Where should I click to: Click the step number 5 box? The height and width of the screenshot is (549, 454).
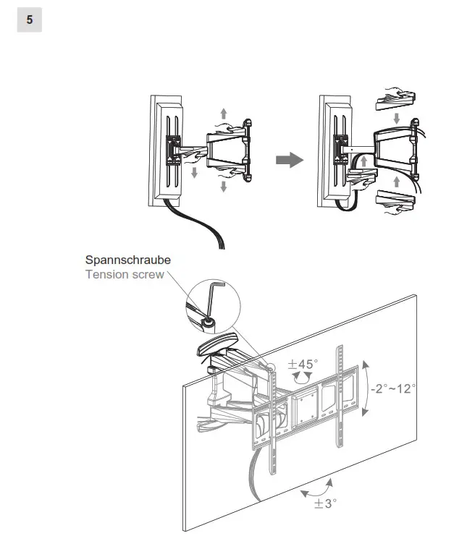(x=29, y=20)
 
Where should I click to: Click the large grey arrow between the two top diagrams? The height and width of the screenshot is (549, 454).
(x=290, y=160)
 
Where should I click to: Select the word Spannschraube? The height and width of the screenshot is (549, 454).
(x=127, y=260)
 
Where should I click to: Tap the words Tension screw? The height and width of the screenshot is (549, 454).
(x=124, y=275)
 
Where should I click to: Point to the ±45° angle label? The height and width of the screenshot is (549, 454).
(x=303, y=364)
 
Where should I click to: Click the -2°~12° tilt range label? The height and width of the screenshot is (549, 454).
(x=392, y=388)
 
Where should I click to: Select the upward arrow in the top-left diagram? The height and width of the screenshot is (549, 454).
(x=223, y=113)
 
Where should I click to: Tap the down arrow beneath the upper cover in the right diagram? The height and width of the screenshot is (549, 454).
(x=395, y=117)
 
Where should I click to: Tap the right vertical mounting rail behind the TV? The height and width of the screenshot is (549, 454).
(x=337, y=405)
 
